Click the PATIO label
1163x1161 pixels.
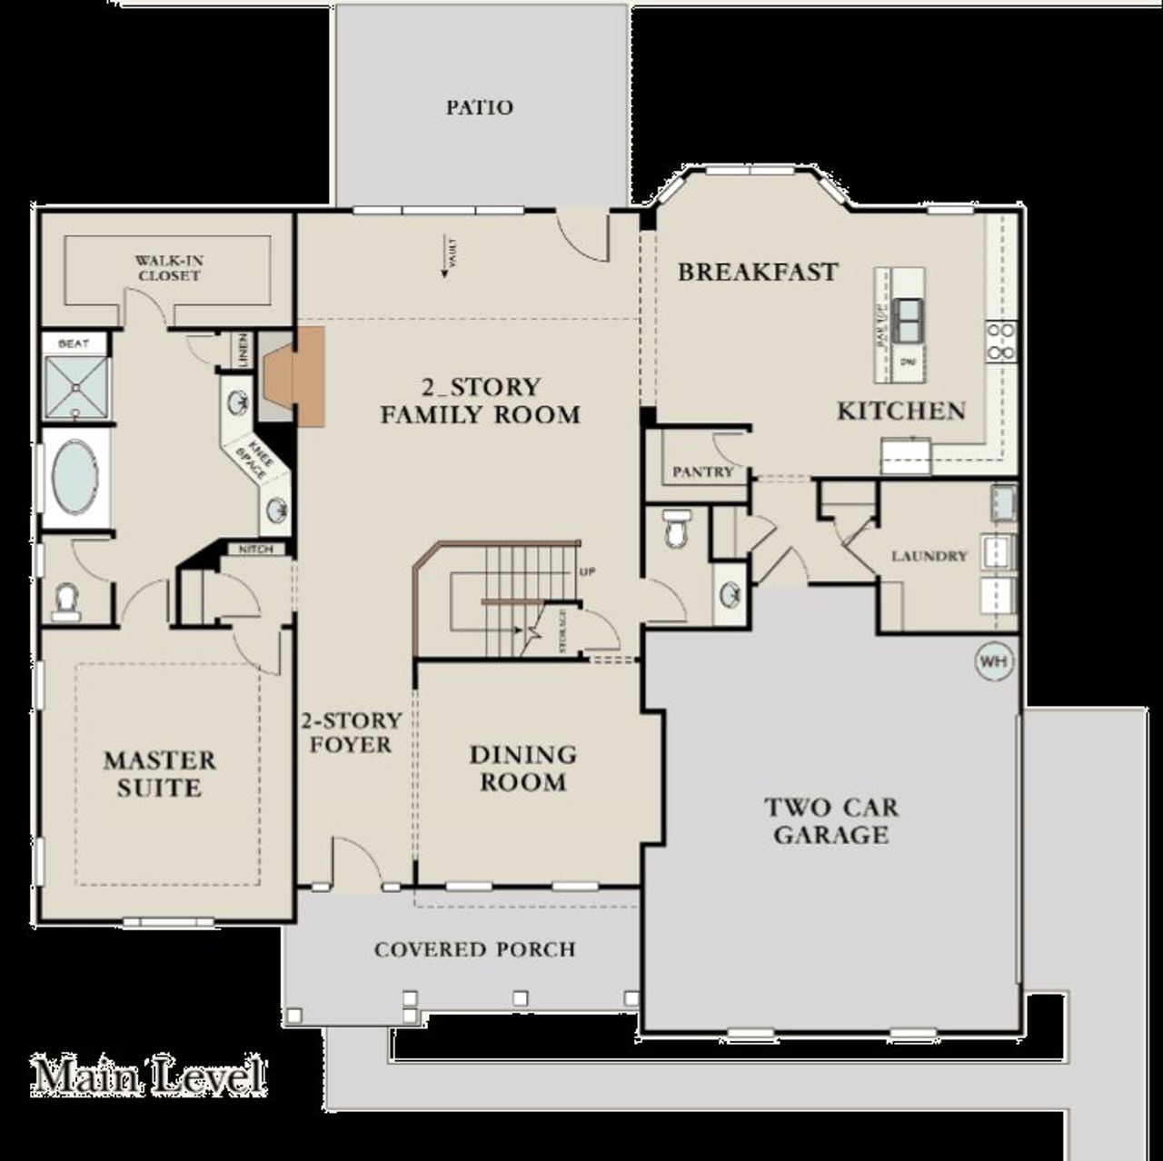pos(479,107)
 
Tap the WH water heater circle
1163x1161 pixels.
pos(993,661)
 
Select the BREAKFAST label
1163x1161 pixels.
pos(757,272)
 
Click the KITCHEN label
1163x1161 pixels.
pos(900,411)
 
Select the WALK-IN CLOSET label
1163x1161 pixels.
pos(168,268)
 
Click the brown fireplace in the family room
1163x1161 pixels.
pos(295,376)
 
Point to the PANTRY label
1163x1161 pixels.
pos(702,471)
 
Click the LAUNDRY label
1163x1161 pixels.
pos(929,555)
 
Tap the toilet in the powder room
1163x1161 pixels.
pos(677,529)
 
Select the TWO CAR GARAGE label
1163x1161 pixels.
pos(830,820)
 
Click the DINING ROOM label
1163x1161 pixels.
pos(522,768)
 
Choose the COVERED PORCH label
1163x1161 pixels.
pos(474,949)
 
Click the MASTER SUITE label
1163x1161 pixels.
pos(159,773)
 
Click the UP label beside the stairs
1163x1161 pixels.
pos(586,572)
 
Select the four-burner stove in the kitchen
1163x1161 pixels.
pos(1001,342)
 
